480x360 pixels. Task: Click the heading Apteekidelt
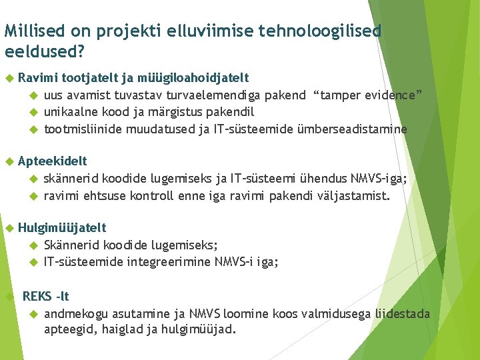[x=52, y=161]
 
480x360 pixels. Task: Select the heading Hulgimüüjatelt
[x=62, y=228]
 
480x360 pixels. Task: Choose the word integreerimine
[x=171, y=262]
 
